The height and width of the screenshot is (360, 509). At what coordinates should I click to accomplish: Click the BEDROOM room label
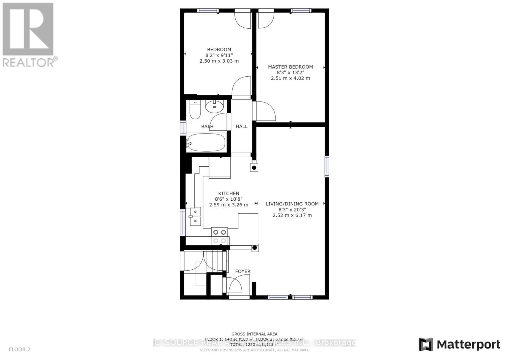[219, 50]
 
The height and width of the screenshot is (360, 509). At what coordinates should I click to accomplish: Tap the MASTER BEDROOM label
[290, 67]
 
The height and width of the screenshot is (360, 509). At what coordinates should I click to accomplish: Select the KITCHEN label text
[228, 193]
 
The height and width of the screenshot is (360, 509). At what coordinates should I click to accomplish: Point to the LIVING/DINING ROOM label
[292, 204]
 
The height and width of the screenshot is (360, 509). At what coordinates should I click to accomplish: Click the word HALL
[241, 126]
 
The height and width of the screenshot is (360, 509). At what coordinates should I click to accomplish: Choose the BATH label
[207, 127]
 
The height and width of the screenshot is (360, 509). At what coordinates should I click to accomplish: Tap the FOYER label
[243, 271]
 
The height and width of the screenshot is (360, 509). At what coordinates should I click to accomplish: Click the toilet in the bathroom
[194, 109]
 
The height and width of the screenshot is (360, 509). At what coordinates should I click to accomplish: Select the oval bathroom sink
[214, 107]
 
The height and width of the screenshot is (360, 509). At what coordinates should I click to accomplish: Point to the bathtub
[206, 142]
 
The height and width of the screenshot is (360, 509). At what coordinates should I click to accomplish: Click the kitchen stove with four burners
[220, 236]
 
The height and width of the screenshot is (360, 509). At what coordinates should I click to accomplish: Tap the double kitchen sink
[195, 216]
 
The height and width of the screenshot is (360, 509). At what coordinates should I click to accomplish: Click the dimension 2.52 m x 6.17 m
[292, 215]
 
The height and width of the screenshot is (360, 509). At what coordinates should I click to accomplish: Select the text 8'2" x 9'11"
[219, 55]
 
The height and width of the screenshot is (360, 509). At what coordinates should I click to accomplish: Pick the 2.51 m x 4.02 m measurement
[290, 78]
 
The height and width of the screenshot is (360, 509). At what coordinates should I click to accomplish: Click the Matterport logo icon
[426, 344]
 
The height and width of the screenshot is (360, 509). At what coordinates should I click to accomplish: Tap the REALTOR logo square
[28, 29]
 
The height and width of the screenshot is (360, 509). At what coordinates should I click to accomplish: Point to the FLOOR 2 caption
[19, 349]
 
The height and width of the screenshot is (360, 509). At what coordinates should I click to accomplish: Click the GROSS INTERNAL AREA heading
[254, 334]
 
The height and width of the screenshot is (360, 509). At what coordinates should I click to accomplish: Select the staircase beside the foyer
[217, 261]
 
